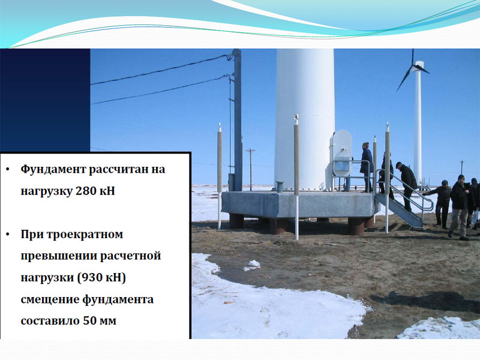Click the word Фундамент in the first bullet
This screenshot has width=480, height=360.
click(53, 169)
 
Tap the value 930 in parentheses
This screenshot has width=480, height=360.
click(92, 277)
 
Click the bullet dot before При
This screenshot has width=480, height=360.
click(8, 235)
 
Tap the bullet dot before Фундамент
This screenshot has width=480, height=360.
click(8, 169)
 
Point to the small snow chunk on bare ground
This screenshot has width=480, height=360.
click(252, 266)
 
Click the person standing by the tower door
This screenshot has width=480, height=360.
click(367, 167)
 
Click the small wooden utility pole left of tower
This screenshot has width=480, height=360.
click(251, 170)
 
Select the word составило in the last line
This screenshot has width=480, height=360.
click(50, 321)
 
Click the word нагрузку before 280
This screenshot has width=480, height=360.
click(46, 191)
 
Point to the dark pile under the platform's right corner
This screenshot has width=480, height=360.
click(356, 226)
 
